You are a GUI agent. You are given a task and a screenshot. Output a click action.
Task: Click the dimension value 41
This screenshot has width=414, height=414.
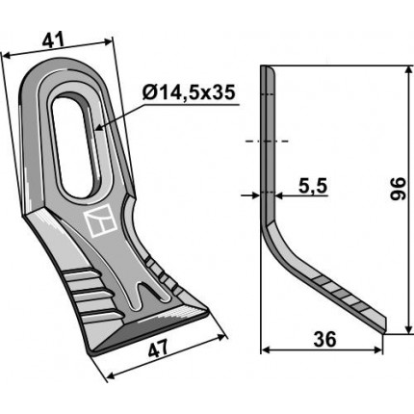pyautogui.click(x=54, y=40)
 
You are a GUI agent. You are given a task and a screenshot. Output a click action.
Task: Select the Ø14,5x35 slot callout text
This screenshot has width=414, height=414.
pyautogui.click(x=189, y=92)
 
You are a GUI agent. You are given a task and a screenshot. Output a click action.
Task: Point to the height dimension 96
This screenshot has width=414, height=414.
pyautogui.click(x=398, y=189)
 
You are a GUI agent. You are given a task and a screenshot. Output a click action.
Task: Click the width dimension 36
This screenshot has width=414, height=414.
pyautogui.click(x=325, y=339)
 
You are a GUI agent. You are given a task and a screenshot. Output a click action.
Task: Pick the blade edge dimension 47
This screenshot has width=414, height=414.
pyautogui.click(x=159, y=349)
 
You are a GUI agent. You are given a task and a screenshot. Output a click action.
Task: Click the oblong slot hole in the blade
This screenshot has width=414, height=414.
pyautogui.click(x=74, y=145)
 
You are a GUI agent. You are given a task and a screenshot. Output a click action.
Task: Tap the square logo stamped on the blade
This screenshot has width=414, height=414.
pyautogui.click(x=100, y=223)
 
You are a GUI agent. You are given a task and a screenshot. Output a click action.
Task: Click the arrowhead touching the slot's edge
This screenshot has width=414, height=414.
pyautogui.click(x=99, y=128)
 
